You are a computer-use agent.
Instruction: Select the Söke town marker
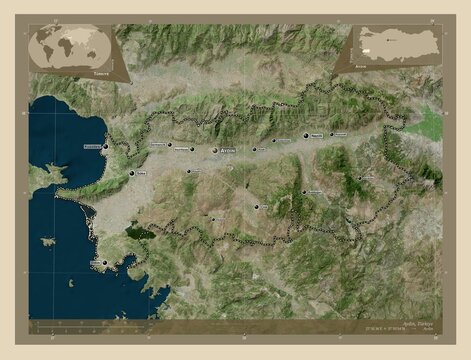tap(131, 174)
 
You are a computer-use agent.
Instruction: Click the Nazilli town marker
tap(306, 135)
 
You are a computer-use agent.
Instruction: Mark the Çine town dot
tap(257, 207)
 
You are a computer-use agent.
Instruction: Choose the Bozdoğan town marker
tap(304, 191)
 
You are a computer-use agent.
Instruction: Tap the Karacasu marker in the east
tap(361, 179)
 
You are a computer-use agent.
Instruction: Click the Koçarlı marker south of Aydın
tap(188, 171)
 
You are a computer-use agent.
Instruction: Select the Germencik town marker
tap(169, 145)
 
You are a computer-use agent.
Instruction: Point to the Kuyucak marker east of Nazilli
tap(331, 134)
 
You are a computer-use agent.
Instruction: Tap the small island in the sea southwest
tap(47, 241)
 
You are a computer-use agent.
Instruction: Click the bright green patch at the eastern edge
tap(429, 124)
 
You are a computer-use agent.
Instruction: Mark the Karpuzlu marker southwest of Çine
tap(212, 218)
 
